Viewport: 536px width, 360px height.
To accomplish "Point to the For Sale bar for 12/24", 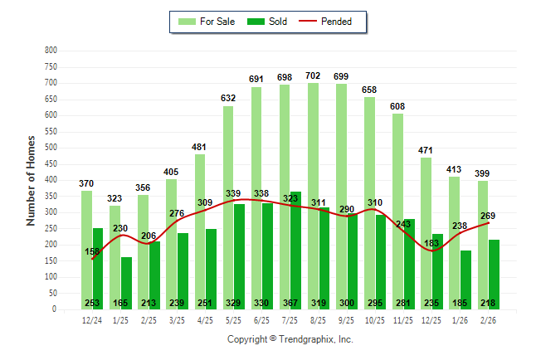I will point(86,249).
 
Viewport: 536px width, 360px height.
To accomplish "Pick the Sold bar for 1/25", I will point(127,282).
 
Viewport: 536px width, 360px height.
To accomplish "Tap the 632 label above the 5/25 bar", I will point(228,98).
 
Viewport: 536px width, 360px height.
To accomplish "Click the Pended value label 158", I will point(93,251).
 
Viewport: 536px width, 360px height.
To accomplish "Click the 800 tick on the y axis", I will point(51,51).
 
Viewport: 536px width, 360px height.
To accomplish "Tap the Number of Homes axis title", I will point(31,180).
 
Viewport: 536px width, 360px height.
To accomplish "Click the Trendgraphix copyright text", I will point(290,339).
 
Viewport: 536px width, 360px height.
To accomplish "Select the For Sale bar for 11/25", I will point(398,207).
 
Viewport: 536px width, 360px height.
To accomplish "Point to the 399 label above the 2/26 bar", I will point(482,173).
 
